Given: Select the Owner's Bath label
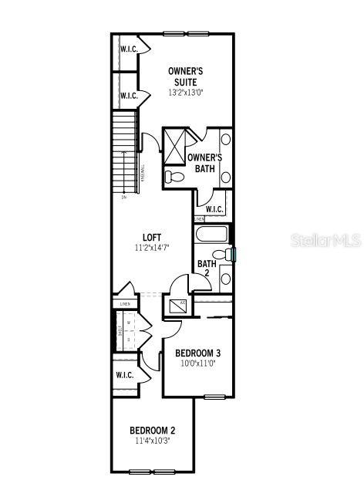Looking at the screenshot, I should (204, 163).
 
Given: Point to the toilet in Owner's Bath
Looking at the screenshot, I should (174, 177).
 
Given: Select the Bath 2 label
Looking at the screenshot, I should (206, 268).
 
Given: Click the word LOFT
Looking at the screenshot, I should (152, 237).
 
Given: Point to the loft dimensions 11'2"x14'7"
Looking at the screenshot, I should (151, 248).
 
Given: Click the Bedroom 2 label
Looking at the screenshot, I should (152, 430).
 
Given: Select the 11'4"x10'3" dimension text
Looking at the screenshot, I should (152, 441).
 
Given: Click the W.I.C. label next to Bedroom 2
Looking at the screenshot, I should (125, 375).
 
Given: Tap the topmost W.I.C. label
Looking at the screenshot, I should (127, 49).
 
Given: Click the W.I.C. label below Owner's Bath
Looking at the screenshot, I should (214, 209).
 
